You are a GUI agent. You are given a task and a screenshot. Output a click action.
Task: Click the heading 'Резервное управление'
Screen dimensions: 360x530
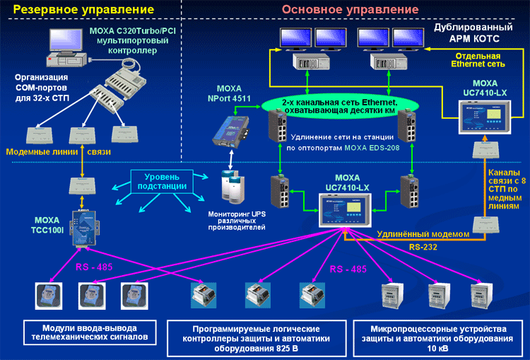click(84, 9)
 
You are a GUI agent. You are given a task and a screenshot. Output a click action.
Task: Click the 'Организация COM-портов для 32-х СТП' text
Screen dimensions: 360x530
click(42, 86)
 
